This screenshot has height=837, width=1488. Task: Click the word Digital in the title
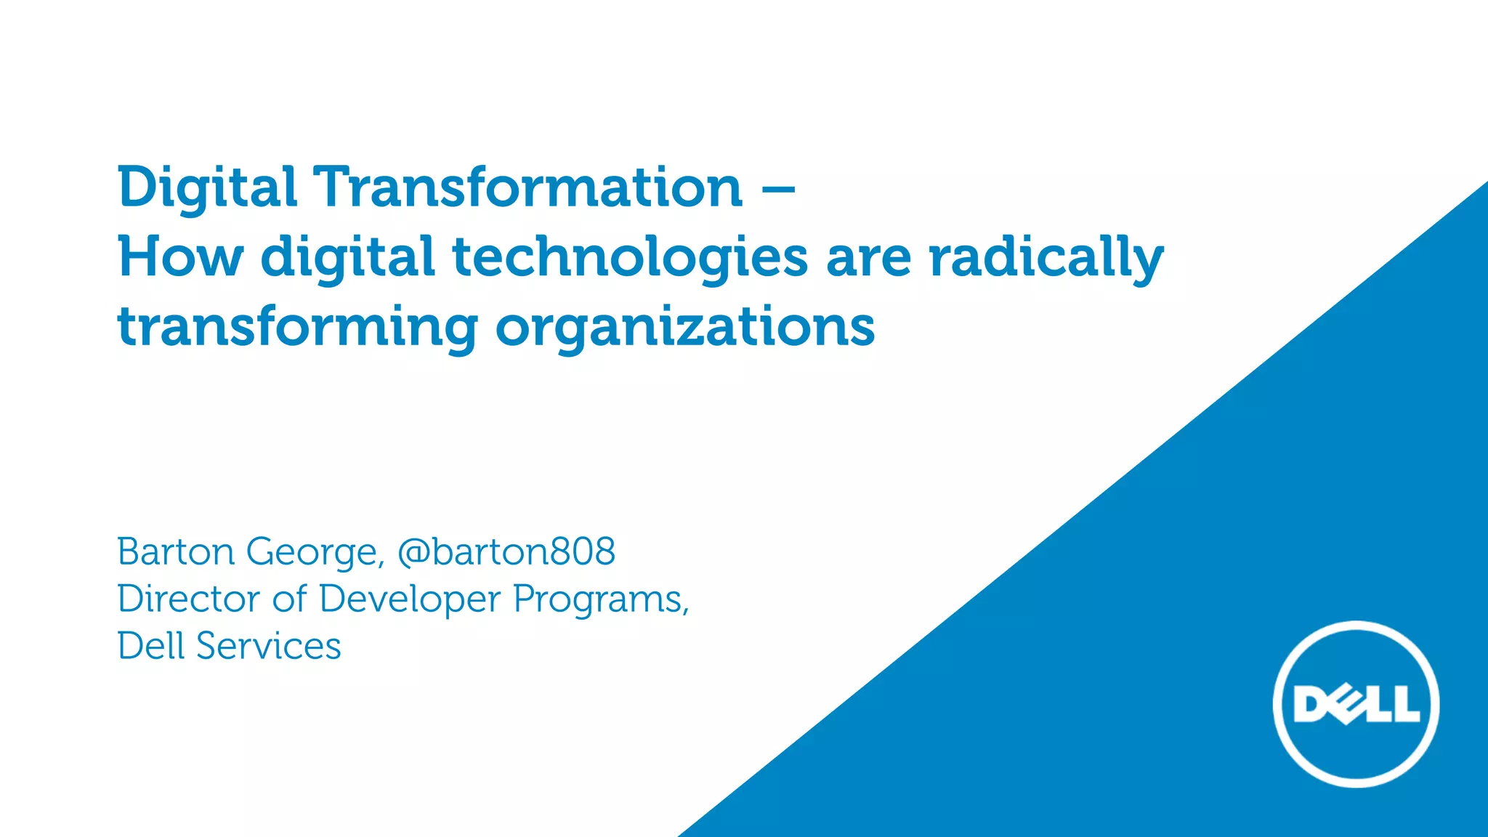207,187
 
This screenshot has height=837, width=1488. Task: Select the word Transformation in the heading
527,187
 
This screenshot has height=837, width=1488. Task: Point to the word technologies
630,258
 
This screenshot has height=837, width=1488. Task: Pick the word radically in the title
1046,258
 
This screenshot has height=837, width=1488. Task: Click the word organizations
685,327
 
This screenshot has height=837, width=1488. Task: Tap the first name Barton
176,551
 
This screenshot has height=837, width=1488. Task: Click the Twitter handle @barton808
506,551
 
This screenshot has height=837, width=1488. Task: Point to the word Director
188,599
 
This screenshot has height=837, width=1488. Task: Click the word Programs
601,600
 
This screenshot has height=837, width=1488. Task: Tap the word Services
268,646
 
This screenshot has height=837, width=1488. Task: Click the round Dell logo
1356,704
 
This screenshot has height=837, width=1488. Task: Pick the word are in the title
868,258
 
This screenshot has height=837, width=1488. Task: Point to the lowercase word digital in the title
347,258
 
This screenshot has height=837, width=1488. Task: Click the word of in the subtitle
289,599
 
